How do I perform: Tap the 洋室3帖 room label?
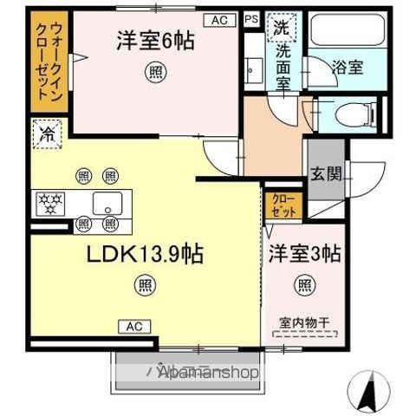pos(303,253)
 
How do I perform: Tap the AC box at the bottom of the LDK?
pos(134,326)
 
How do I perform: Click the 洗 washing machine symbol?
pos(282,27)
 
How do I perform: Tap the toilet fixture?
pos(357,113)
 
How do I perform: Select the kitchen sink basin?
pos(109,205)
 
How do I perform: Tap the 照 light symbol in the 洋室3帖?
pos(303,283)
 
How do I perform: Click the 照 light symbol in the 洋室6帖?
pos(151,74)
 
